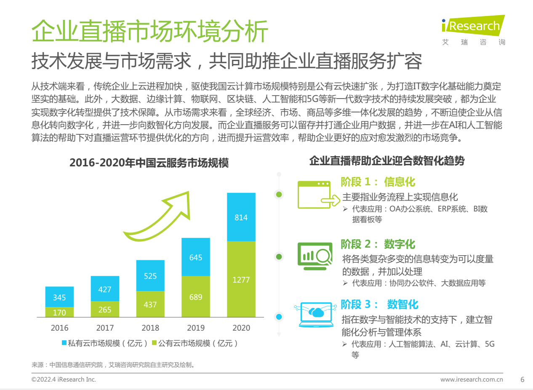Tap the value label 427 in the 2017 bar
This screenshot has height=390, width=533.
coord(105,289)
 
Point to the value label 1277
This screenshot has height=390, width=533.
coord(241,280)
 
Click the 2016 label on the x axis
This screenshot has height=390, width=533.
coord(59,328)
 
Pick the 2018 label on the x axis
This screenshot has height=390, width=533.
coord(150,328)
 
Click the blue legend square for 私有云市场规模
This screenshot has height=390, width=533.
coord(64,343)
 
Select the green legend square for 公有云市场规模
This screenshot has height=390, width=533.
coord(154,343)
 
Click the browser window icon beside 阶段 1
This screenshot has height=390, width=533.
coord(314,195)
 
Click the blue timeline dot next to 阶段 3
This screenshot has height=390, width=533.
coord(278,317)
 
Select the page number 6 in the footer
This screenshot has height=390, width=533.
coord(522,379)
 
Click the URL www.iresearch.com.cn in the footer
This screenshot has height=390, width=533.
coord(472,379)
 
